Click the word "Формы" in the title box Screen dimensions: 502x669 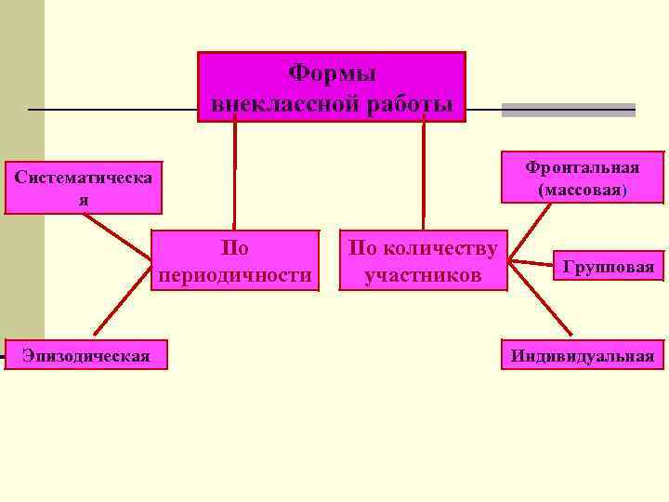pos(331,73)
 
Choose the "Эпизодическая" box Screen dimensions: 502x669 pos(85,355)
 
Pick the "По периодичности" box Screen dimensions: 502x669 pos(235,261)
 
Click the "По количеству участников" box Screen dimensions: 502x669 pos(423,261)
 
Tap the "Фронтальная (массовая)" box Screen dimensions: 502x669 pos(583,178)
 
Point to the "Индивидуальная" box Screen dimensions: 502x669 pos(583,355)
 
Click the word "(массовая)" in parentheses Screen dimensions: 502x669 pos(583,190)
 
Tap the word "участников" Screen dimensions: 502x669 pos(423,276)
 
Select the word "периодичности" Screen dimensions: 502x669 pos(235,276)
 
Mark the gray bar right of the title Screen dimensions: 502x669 pos(568,110)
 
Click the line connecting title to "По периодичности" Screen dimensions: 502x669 pos(234,177)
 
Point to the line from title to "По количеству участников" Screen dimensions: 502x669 pos(424,177)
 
